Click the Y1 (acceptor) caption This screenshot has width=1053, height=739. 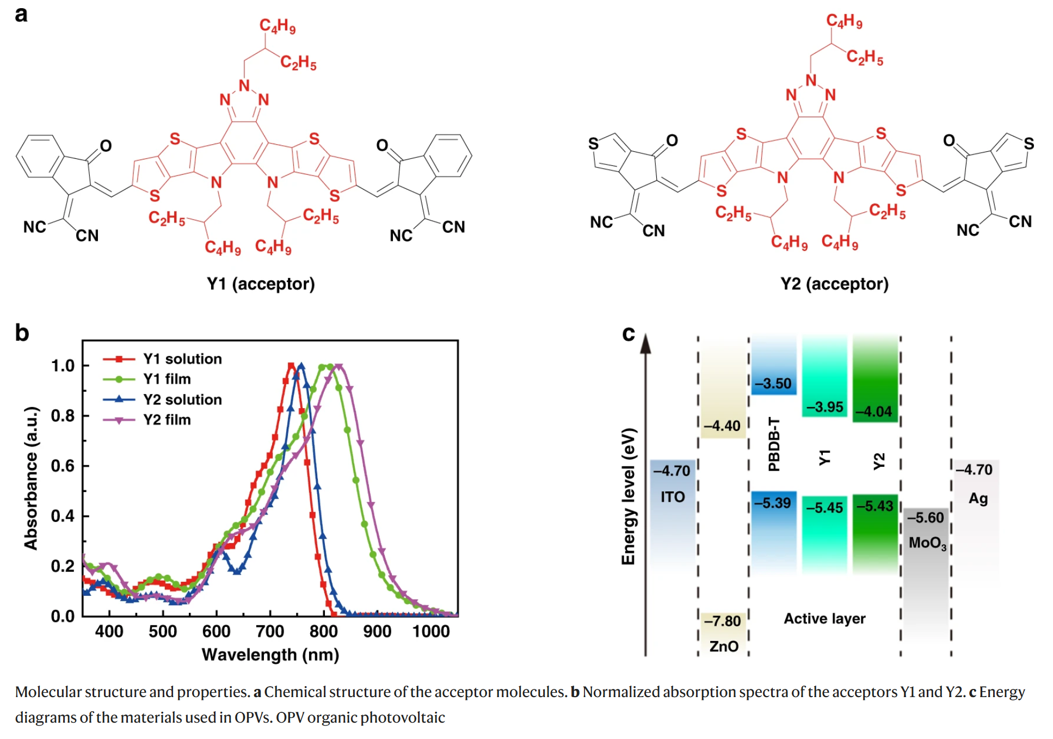[x=261, y=284]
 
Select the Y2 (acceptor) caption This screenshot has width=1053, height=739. [x=834, y=284]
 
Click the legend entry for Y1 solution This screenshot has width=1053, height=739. [x=162, y=359]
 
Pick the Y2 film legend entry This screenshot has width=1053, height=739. [x=147, y=420]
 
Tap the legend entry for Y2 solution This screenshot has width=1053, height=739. [x=162, y=399]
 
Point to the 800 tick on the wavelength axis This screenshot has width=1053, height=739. [x=324, y=631]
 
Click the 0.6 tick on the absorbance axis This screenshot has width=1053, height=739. [x=63, y=466]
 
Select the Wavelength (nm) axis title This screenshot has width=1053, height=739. [x=270, y=655]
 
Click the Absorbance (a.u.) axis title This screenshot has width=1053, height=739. [x=31, y=478]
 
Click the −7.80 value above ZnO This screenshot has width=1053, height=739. [x=723, y=621]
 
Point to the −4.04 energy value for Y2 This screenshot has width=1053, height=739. [x=874, y=411]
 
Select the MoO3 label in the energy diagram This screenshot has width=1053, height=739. [x=928, y=543]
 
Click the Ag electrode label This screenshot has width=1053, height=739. [x=978, y=498]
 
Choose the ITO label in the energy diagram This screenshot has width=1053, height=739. [x=673, y=497]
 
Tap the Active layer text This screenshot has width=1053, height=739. [x=824, y=619]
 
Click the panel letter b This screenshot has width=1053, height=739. [x=22, y=332]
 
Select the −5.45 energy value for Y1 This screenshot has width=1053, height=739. [x=824, y=508]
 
